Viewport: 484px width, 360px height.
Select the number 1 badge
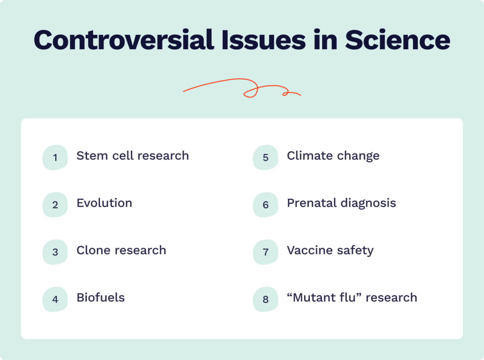pyautogui.click(x=55, y=157)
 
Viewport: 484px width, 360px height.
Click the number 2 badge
pyautogui.click(x=55, y=204)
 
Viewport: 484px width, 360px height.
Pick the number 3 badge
pyautogui.click(x=55, y=252)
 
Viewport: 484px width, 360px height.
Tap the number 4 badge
pyautogui.click(x=55, y=299)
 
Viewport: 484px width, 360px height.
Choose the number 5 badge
pyautogui.click(x=265, y=157)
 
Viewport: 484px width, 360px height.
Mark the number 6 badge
pyautogui.click(x=265, y=204)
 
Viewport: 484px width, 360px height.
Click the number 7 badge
pyautogui.click(x=265, y=252)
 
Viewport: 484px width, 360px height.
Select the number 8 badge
pyautogui.click(x=265, y=299)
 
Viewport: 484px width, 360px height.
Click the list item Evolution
pyautogui.click(x=104, y=203)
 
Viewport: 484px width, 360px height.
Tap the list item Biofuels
pyautogui.click(x=100, y=298)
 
